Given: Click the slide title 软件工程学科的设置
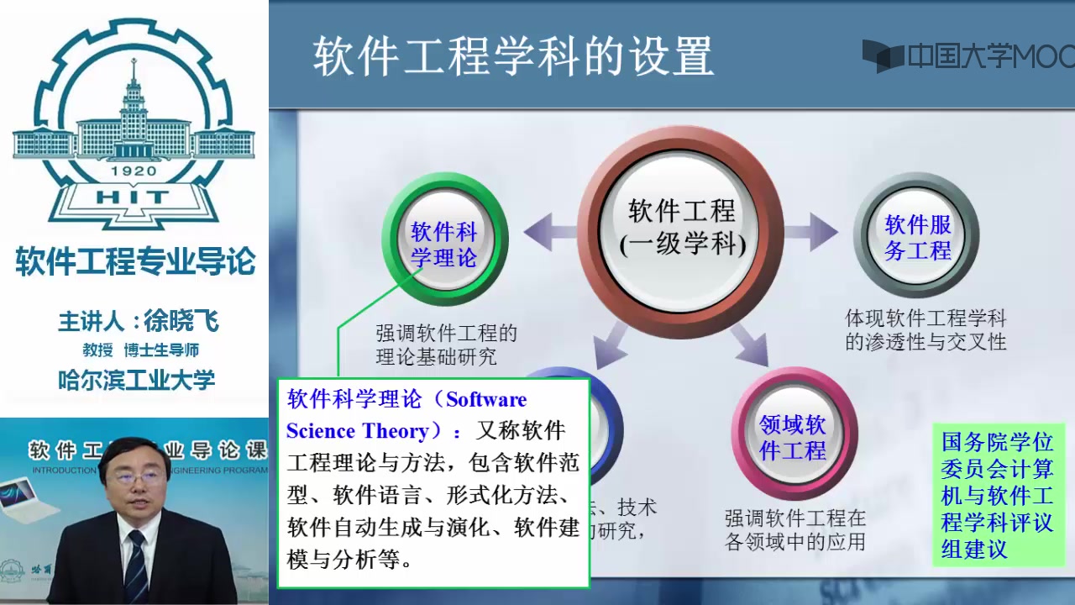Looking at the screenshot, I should (x=513, y=57).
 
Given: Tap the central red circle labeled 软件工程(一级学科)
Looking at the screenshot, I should (x=681, y=227).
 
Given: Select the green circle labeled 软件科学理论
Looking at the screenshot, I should (x=444, y=244).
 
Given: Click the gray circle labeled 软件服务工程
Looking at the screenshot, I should (x=917, y=237).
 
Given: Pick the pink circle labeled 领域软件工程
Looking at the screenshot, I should (x=793, y=437).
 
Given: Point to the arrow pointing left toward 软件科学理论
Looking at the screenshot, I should (x=550, y=232).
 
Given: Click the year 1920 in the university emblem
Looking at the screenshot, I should (x=134, y=171).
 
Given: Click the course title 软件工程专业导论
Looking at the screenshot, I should (x=134, y=262).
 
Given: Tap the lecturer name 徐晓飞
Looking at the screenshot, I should (x=181, y=321).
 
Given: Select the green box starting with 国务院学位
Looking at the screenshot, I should (x=997, y=496).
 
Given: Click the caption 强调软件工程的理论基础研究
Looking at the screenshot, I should (x=446, y=345).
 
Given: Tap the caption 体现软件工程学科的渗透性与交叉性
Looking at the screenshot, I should (x=925, y=330).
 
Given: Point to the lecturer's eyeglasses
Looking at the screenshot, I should (x=137, y=476).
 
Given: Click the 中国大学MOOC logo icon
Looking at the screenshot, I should (x=882, y=56).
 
